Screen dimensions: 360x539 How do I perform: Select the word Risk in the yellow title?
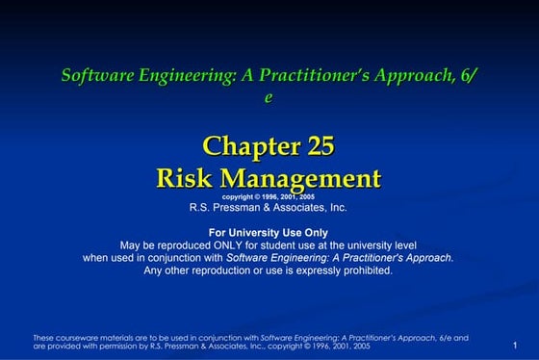186,178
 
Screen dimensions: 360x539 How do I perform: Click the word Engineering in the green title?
182,74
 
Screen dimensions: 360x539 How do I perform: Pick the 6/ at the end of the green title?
468,74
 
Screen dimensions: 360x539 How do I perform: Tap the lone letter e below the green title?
269,96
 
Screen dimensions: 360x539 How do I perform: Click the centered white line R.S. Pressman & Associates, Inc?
269,207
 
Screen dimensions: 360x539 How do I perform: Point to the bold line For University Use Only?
269,232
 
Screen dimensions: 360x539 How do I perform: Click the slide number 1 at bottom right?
516,346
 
